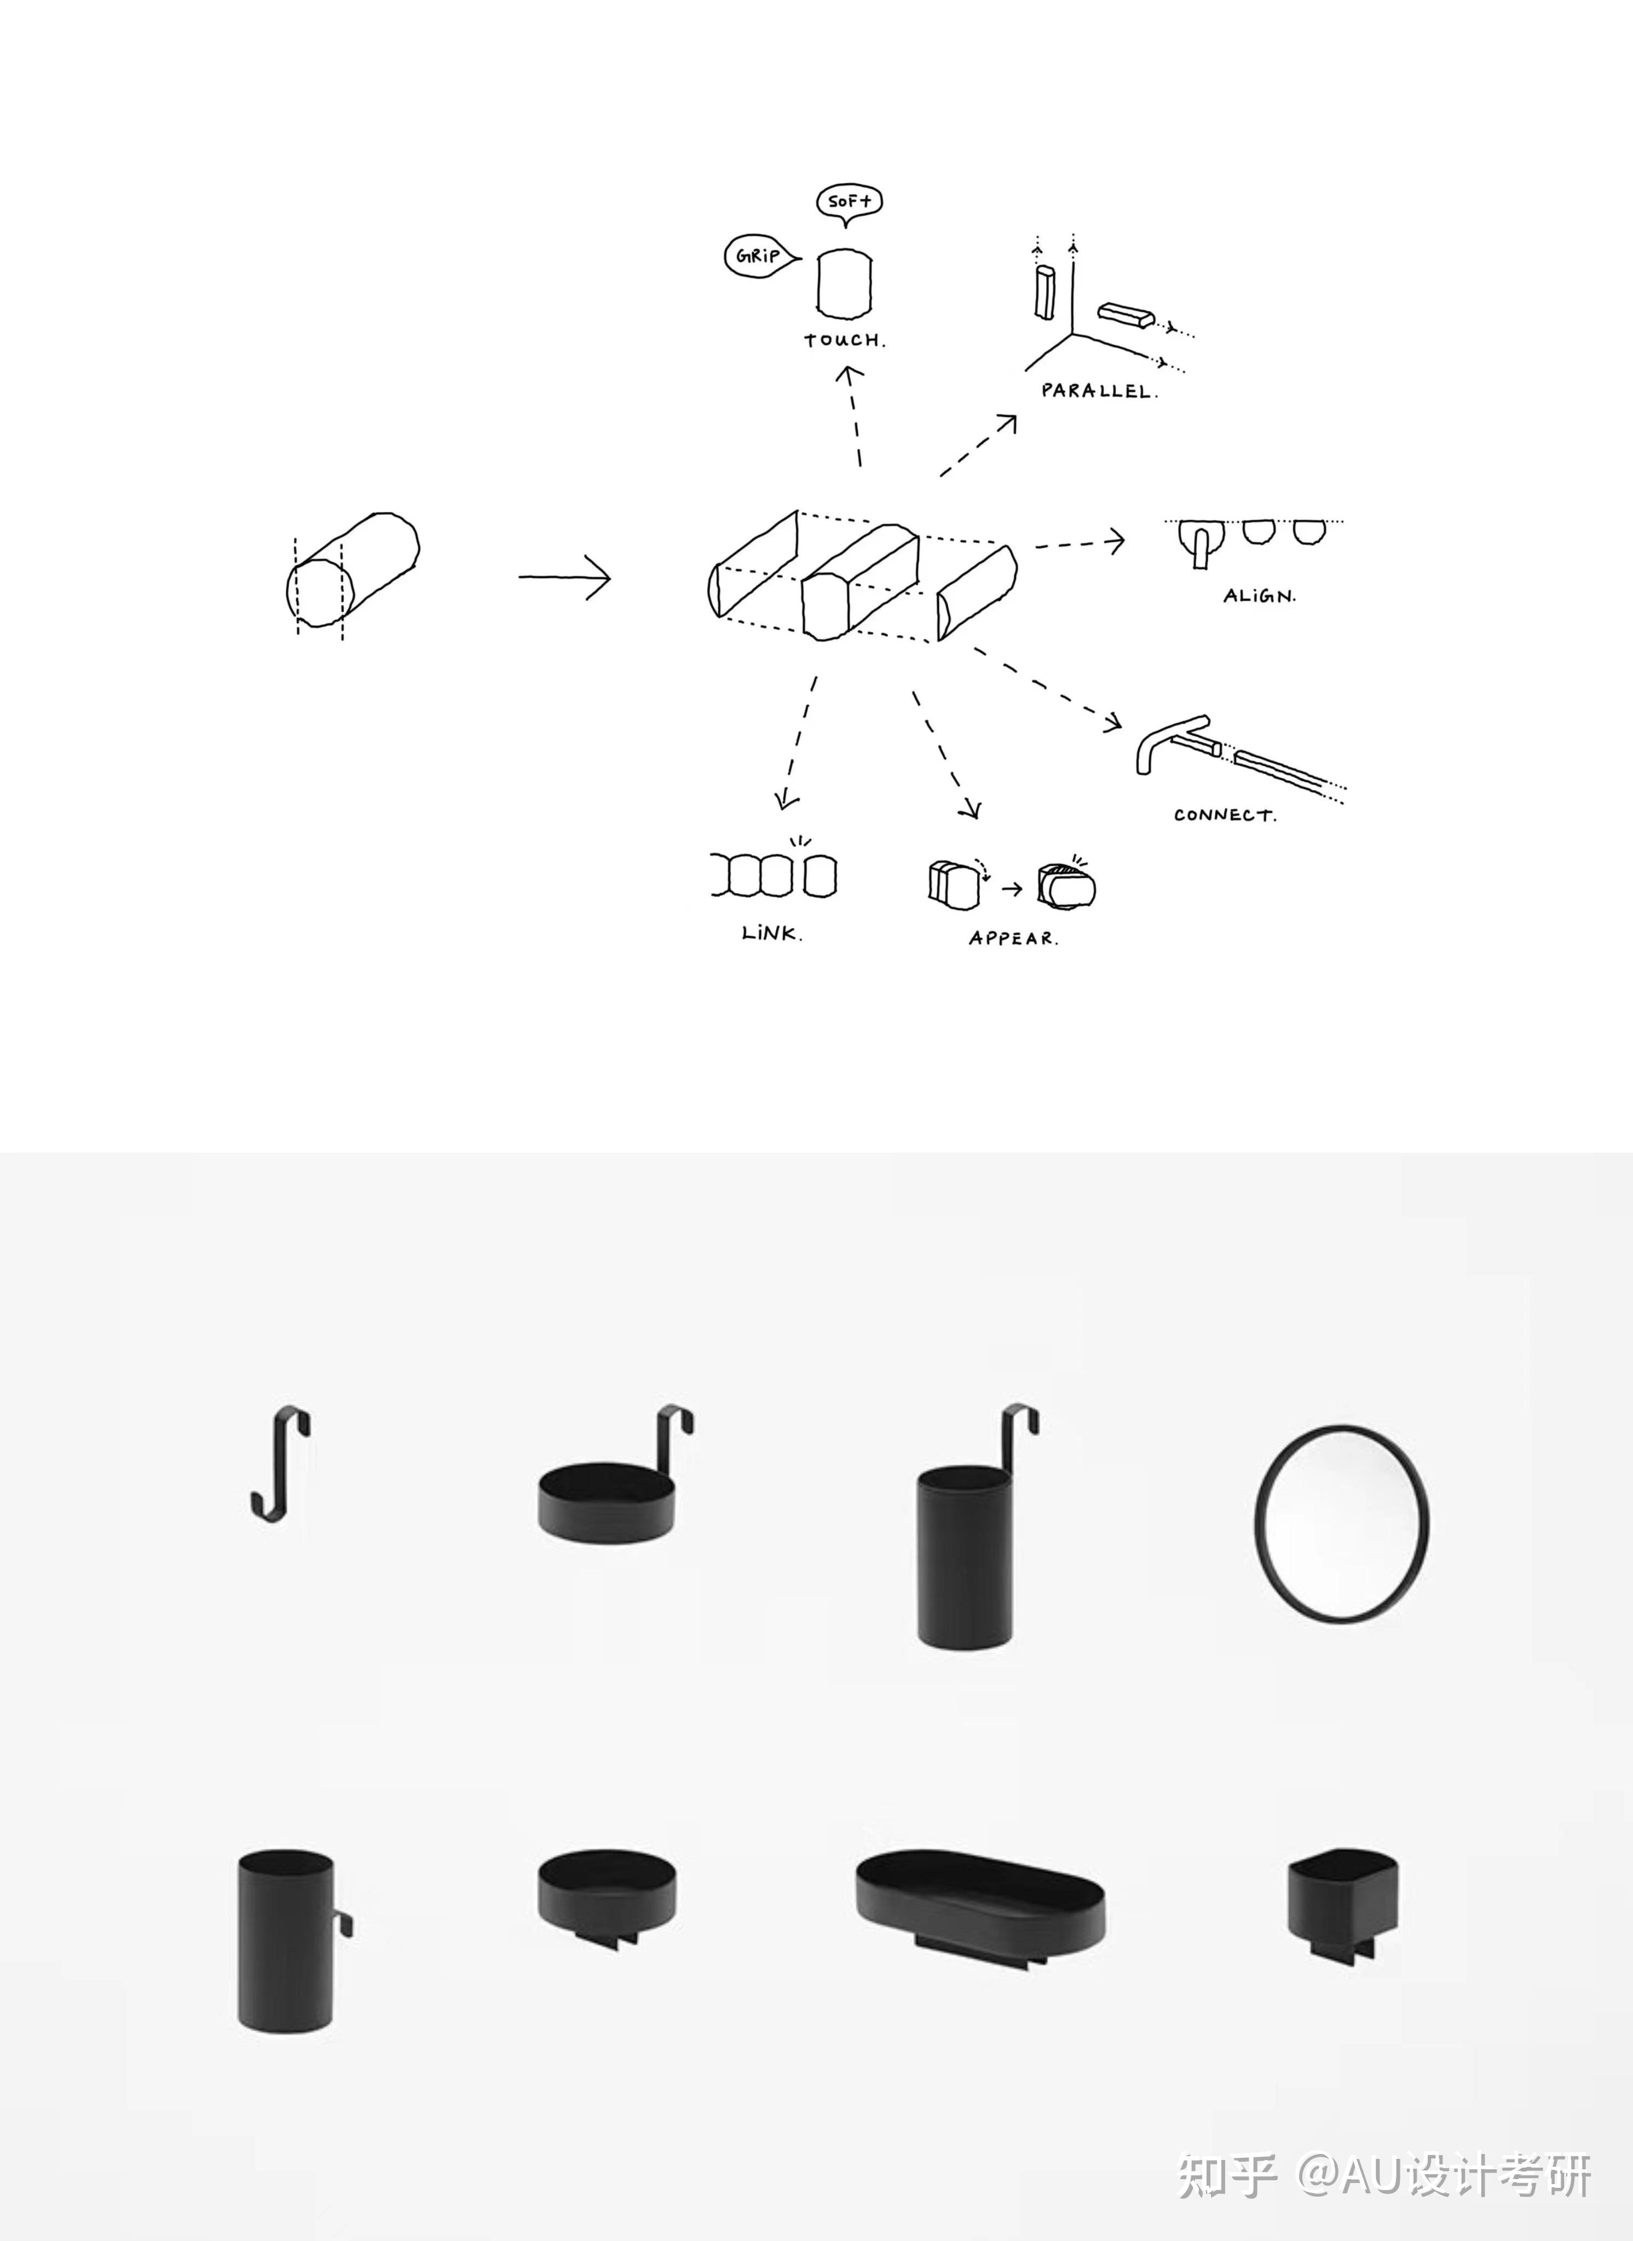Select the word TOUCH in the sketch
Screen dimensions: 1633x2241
(844, 340)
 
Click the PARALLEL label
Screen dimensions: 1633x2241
(1098, 390)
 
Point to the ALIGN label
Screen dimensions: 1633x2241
(1259, 596)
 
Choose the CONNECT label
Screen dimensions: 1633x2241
(1225, 815)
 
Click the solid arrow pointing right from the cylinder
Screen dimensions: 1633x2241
(564, 577)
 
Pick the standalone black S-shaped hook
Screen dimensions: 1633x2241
(280, 1462)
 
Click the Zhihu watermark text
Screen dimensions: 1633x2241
(1384, 2174)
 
